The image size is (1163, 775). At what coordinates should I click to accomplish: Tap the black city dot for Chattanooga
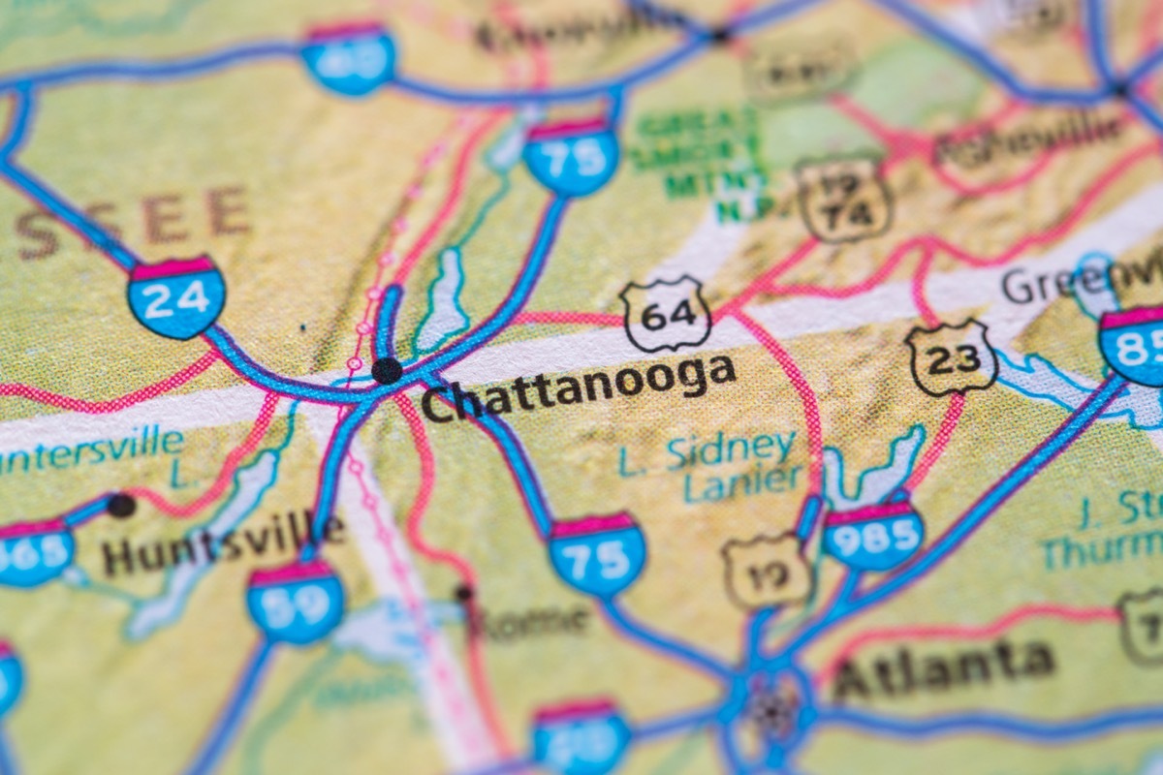click(387, 370)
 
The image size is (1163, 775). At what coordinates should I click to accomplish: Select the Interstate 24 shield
click(176, 296)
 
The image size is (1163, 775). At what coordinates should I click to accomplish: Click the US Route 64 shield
click(666, 314)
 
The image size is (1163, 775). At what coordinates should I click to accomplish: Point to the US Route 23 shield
click(952, 357)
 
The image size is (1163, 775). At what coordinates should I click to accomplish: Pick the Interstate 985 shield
click(872, 535)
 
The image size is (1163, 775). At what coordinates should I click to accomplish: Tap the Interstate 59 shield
click(295, 602)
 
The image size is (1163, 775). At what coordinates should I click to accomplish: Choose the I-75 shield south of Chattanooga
click(597, 555)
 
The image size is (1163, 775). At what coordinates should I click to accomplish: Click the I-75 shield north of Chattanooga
click(572, 156)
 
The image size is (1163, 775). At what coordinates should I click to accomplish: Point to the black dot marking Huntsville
click(121, 505)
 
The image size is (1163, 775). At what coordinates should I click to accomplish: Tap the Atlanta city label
click(942, 669)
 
